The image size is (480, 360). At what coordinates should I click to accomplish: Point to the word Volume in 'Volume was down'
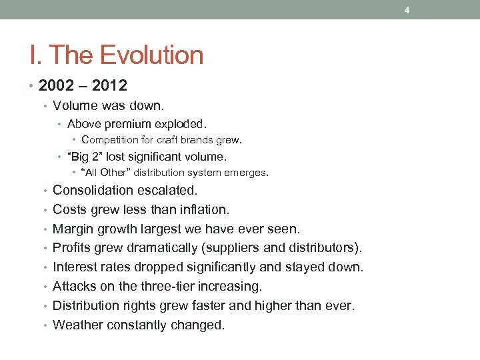pos(74,105)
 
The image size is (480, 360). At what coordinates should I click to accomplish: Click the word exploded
pos(182,123)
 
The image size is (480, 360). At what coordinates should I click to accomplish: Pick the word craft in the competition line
pos(170,140)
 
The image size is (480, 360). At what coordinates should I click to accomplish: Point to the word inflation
pos(205,209)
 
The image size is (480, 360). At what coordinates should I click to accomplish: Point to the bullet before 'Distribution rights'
pos(46,306)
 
